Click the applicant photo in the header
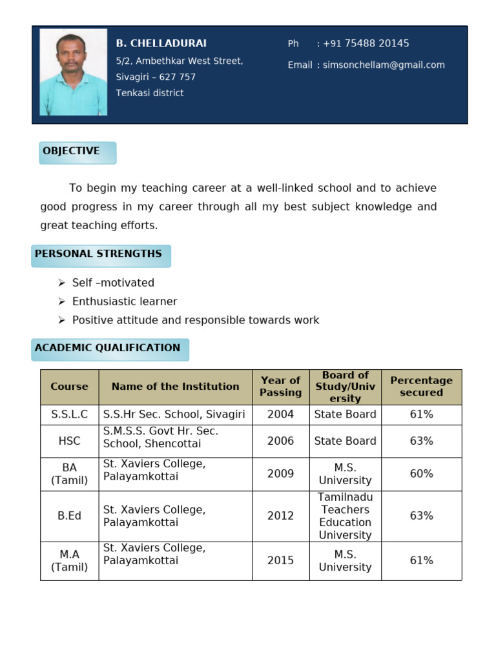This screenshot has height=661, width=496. (x=73, y=72)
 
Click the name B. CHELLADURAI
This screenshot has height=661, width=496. (x=161, y=43)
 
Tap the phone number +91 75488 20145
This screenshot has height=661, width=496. (x=366, y=43)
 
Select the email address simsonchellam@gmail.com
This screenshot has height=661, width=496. (x=383, y=65)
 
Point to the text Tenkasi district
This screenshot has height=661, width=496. (x=149, y=93)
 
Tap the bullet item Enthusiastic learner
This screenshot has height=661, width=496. (x=124, y=301)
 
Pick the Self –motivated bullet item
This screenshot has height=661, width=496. (x=113, y=283)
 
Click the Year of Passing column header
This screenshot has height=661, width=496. (x=280, y=387)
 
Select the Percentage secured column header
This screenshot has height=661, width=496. (x=421, y=387)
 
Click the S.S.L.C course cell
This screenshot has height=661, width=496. (x=69, y=414)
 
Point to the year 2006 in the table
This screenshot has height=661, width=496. (x=280, y=441)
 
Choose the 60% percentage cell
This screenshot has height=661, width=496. (x=421, y=474)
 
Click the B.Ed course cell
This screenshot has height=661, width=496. (x=69, y=516)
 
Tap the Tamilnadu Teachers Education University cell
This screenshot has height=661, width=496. (x=345, y=516)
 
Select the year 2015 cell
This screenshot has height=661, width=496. (x=280, y=560)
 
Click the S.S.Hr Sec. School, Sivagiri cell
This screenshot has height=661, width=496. (x=174, y=414)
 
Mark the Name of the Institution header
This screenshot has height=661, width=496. (x=175, y=387)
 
